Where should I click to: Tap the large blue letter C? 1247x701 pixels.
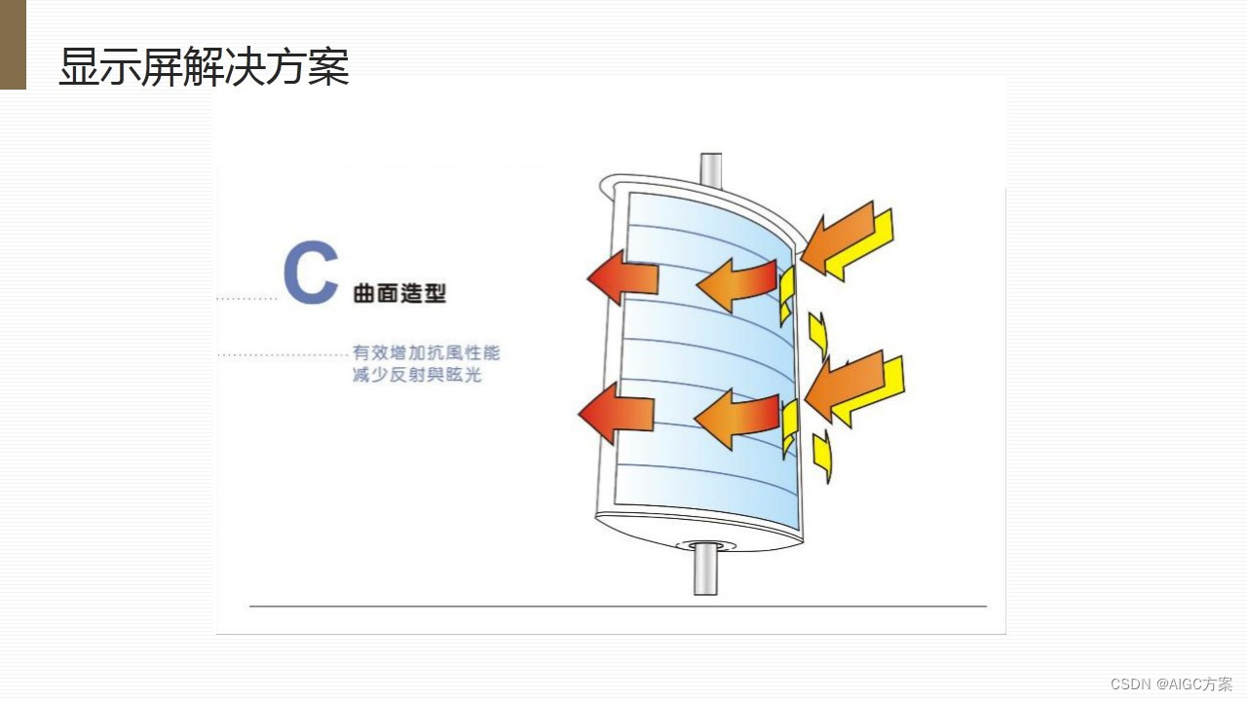click(311, 274)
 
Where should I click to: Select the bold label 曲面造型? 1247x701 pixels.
click(399, 293)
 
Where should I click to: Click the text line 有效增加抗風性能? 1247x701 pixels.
click(426, 353)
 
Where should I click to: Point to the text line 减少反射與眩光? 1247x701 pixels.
click(417, 375)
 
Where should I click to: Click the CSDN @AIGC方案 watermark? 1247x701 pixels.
click(1171, 683)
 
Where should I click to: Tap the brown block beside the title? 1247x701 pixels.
click(13, 44)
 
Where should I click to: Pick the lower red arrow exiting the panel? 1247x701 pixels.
click(616, 413)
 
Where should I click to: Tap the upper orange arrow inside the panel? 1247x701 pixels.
click(736, 283)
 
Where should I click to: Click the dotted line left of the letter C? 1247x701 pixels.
click(247, 298)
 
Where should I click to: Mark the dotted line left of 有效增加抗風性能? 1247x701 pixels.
click(283, 355)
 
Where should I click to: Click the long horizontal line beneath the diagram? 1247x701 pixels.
click(618, 607)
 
